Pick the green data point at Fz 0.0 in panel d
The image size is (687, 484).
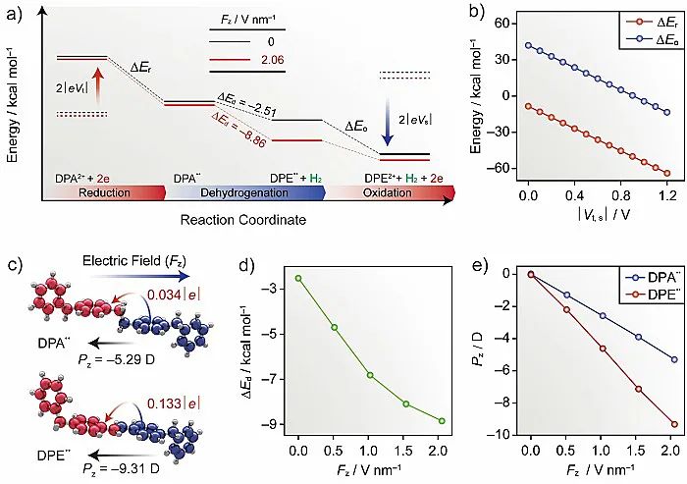(297, 278)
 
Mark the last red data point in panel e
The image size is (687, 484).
(672, 424)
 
